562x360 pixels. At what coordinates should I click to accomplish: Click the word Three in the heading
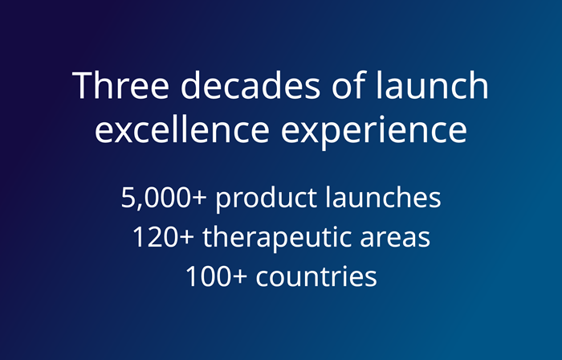point(120,85)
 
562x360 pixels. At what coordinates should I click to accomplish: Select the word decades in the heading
point(250,84)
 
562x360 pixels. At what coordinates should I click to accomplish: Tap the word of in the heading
point(348,84)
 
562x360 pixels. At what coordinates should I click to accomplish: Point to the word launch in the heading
point(432,84)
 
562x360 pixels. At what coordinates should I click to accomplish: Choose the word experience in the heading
point(374,131)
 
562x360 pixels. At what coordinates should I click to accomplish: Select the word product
point(267,199)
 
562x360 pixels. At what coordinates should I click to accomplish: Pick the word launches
point(383,197)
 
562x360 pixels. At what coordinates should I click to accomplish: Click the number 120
point(155,237)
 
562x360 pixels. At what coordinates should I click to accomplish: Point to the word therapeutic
point(277,239)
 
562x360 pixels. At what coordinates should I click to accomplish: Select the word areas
point(395,239)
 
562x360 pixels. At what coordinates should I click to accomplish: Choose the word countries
point(316,276)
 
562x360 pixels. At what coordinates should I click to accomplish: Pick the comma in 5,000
point(137,207)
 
